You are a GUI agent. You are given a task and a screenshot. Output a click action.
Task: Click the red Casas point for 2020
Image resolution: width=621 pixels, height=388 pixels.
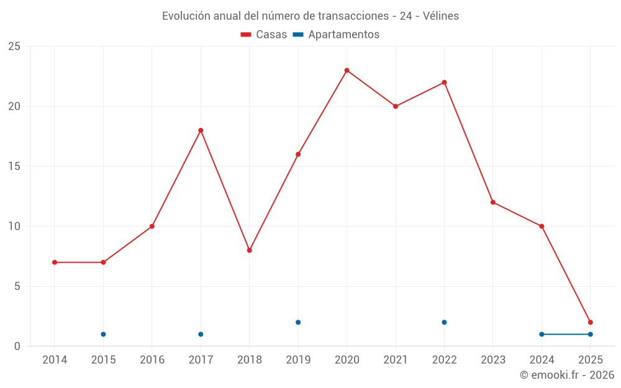click(347, 70)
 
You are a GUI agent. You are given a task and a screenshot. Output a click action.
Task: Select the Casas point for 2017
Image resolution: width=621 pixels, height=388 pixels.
click(201, 130)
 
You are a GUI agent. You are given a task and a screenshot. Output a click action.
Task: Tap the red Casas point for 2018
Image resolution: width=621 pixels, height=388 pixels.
click(249, 250)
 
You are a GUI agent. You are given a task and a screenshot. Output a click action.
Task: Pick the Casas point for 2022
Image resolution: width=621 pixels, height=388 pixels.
click(444, 83)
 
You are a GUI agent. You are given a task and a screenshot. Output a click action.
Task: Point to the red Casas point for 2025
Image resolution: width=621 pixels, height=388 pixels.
click(590, 322)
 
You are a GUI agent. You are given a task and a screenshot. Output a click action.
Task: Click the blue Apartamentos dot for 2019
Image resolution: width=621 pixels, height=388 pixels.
click(298, 322)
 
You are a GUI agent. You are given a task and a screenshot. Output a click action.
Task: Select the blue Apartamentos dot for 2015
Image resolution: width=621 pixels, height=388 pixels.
click(103, 334)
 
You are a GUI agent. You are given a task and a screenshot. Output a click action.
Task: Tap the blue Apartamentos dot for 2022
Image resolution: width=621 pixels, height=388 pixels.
click(444, 322)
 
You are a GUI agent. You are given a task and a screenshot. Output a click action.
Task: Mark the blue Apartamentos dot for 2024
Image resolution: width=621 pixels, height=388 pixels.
click(542, 334)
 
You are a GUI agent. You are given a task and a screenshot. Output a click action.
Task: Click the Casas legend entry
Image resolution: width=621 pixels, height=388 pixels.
click(264, 35)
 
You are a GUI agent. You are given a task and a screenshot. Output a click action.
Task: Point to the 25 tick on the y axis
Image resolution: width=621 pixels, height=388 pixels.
click(14, 47)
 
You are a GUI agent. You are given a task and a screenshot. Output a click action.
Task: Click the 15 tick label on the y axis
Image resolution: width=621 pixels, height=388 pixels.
click(14, 166)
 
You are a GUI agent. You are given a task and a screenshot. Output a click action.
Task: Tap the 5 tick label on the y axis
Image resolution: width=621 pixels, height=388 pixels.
click(17, 286)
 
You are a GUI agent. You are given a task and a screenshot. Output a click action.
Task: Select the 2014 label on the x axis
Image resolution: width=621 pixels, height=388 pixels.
click(55, 359)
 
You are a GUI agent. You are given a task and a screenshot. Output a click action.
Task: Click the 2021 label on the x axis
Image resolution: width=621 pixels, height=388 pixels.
click(396, 359)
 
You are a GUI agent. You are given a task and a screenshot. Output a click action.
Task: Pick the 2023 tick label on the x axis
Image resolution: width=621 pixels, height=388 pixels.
click(493, 359)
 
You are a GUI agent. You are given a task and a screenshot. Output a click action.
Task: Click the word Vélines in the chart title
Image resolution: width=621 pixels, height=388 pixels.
click(441, 16)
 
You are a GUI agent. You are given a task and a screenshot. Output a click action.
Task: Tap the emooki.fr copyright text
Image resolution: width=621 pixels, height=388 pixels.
click(567, 375)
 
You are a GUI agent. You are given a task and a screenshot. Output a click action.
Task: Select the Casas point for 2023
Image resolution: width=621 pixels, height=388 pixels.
click(493, 202)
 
